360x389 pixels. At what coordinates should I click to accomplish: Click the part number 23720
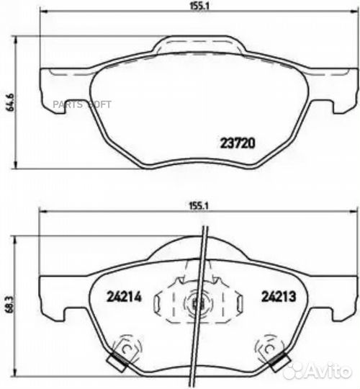(x=237, y=143)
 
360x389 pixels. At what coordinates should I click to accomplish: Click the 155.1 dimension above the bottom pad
(x=197, y=205)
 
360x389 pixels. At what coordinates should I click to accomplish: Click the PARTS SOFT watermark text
(x=81, y=104)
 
